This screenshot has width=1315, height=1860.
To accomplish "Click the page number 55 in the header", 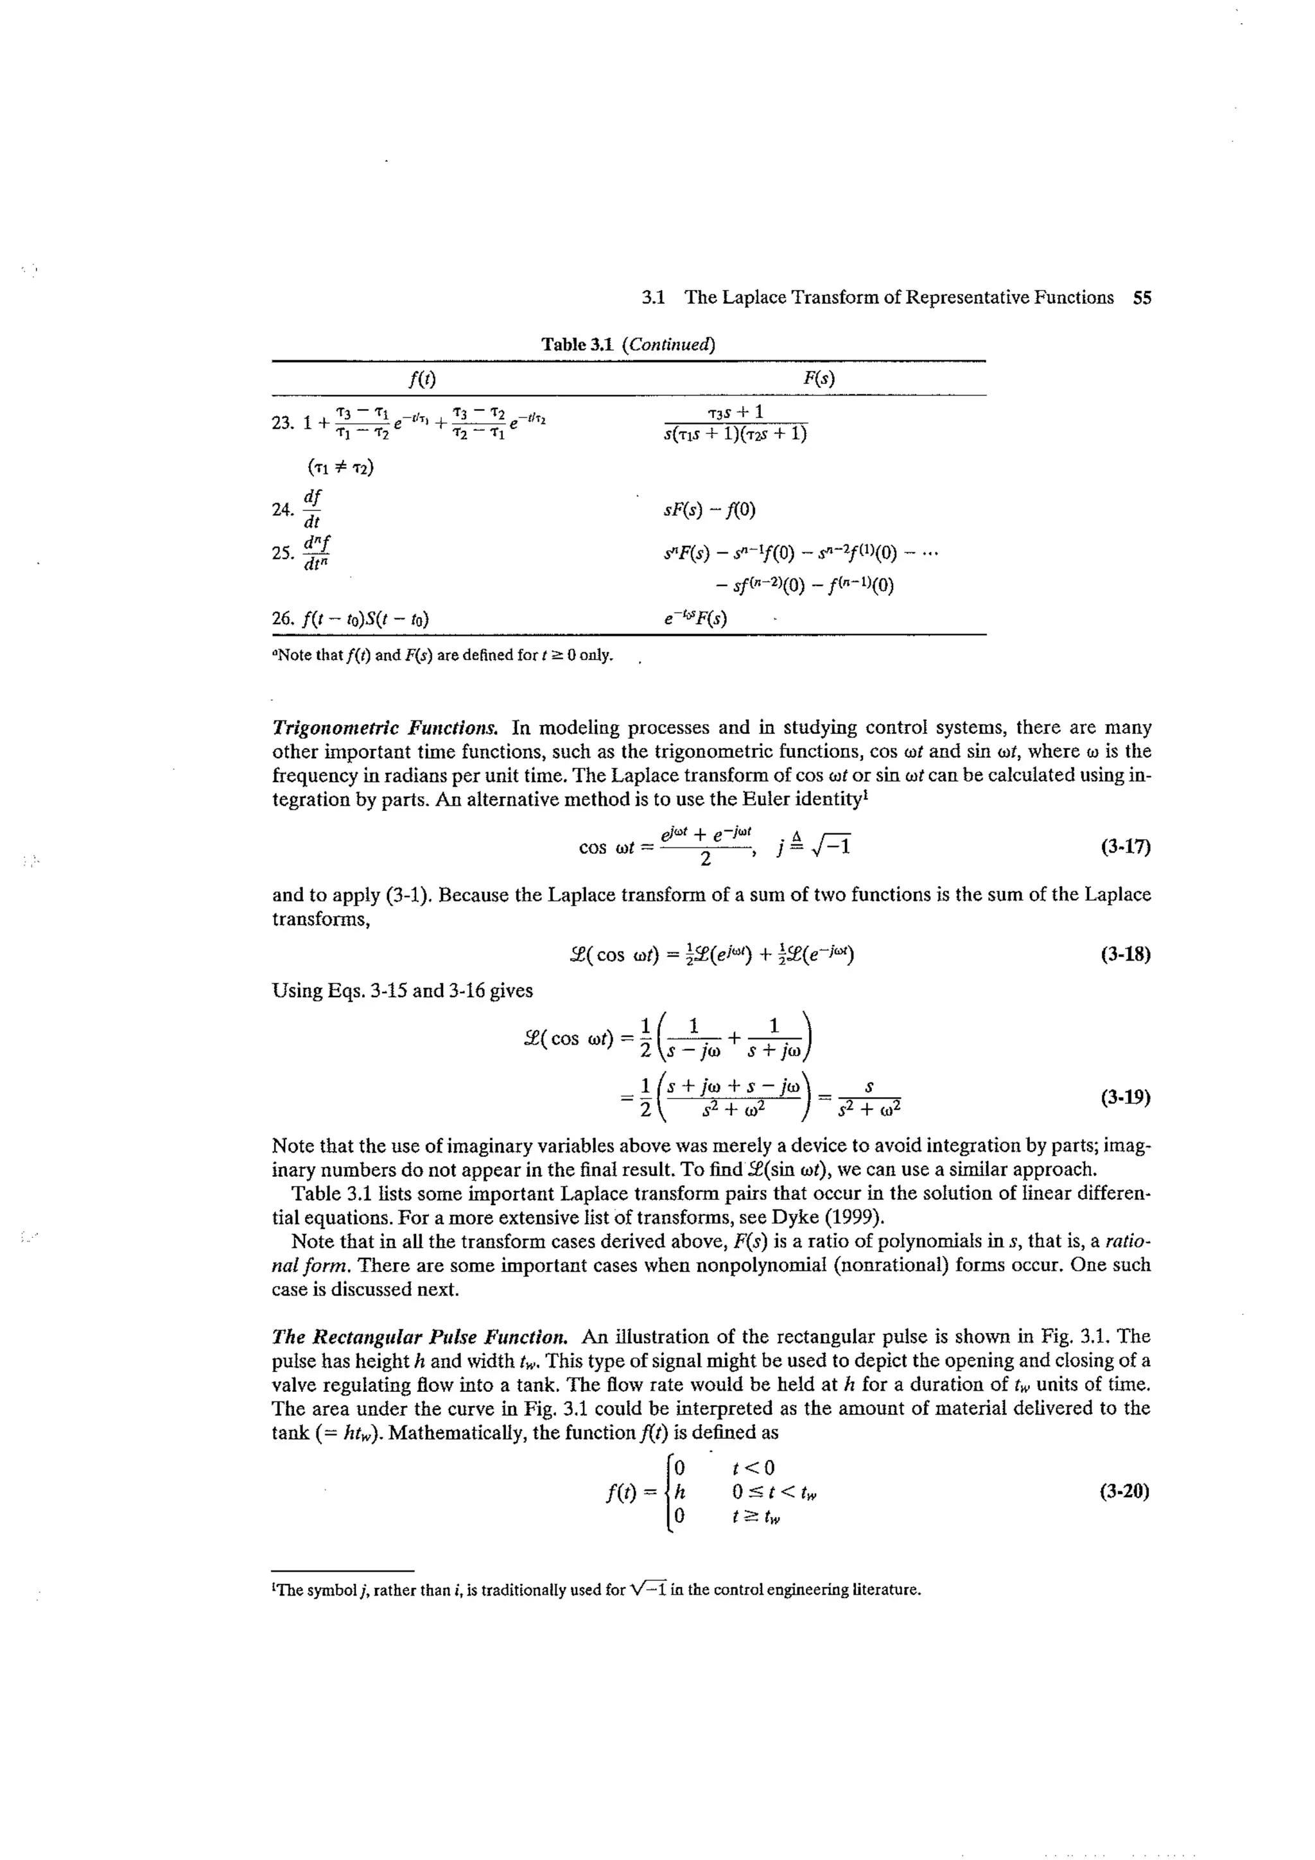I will coord(1142,297).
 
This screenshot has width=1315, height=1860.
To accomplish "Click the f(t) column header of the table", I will coord(421,378).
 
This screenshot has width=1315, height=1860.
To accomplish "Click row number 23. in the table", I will coord(282,423).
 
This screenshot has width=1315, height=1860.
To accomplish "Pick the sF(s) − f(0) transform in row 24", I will coord(709,510).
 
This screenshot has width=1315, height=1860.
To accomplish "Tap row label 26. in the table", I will coord(282,620).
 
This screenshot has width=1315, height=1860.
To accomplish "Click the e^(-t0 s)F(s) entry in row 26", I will coord(695,619).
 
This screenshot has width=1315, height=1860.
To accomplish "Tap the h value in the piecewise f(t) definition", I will coord(679,1491).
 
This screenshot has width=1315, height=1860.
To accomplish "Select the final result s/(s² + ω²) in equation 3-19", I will coord(869,1098).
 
